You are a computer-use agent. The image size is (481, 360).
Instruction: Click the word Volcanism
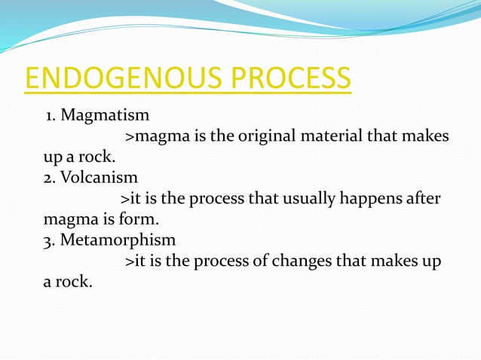(x=98, y=178)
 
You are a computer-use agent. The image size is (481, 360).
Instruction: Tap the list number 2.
(x=47, y=178)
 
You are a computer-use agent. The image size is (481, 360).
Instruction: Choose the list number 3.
(x=47, y=241)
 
